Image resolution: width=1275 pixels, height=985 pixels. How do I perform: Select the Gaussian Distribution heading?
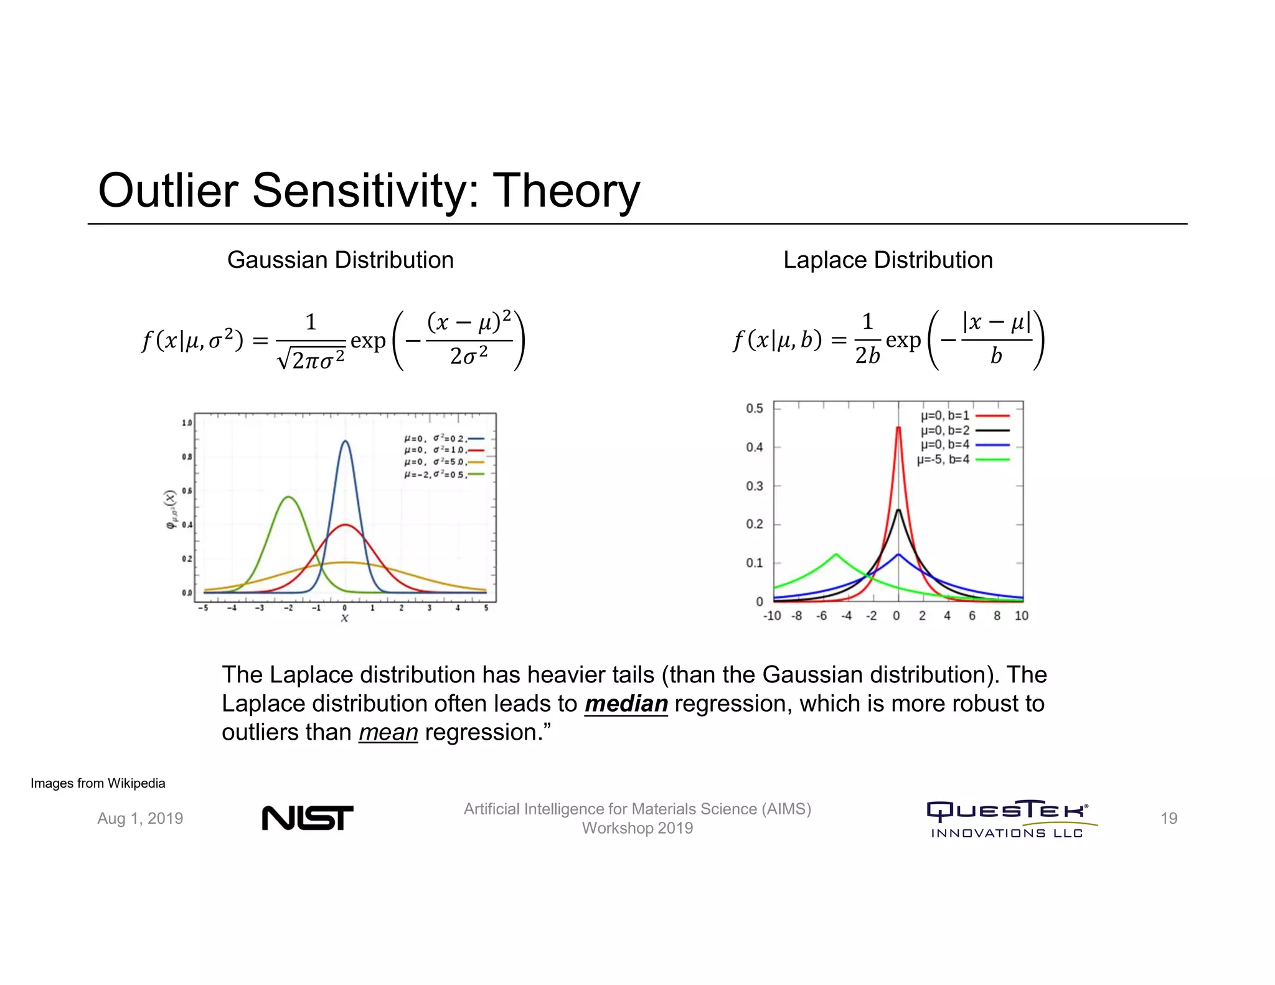[340, 260]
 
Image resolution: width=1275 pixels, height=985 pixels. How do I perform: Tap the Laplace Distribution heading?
[887, 260]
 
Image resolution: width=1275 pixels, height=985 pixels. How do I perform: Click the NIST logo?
[307, 818]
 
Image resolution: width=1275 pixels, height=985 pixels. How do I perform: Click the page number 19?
[1169, 818]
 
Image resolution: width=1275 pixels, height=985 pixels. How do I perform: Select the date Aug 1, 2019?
[140, 818]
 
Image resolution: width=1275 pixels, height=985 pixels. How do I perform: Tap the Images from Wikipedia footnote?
[98, 783]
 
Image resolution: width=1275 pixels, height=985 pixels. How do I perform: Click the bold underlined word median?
[626, 704]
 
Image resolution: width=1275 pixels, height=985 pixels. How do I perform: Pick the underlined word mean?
[388, 732]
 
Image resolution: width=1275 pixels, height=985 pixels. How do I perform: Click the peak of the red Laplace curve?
[898, 428]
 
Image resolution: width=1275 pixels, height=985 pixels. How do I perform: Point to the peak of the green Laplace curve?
[835, 554]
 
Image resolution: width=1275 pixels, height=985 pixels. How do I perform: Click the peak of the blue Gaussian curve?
[345, 441]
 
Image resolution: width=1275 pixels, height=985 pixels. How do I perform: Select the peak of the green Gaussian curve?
[288, 497]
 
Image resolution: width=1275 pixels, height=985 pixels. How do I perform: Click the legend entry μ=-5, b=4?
[943, 460]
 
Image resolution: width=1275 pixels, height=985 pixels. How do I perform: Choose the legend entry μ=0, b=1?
[945, 415]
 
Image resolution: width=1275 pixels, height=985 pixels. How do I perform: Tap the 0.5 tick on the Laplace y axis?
[754, 408]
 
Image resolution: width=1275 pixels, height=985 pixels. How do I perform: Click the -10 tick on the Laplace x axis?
[772, 616]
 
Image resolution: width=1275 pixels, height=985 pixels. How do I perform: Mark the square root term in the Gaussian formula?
[311, 359]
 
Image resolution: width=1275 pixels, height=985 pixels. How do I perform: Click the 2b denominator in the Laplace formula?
[867, 356]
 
